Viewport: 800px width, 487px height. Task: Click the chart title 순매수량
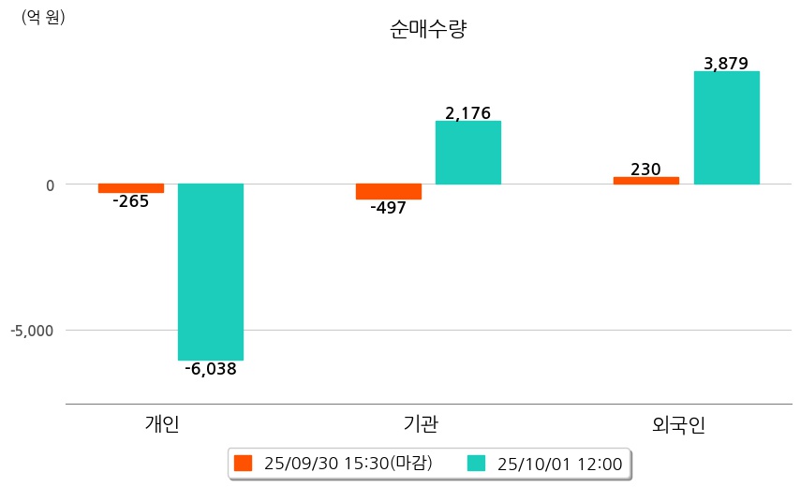[428, 29]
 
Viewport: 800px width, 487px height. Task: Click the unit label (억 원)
[43, 17]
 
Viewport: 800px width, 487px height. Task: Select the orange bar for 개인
[131, 188]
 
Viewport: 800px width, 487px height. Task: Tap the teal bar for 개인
[211, 272]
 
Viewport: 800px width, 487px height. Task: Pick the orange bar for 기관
[389, 191]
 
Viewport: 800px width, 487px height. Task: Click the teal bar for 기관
[468, 153]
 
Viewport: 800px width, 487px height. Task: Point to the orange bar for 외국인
[646, 181]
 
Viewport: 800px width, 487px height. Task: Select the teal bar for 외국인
[726, 127]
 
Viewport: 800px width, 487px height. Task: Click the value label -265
[130, 201]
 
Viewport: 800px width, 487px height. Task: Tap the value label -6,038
[210, 369]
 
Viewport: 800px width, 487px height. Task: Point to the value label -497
[388, 208]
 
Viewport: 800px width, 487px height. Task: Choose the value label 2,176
[468, 113]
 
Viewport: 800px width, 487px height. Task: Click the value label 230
[645, 170]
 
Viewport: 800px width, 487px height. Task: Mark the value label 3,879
[726, 64]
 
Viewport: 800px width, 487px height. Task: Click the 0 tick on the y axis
[50, 184]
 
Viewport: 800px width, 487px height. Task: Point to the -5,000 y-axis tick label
[33, 331]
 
